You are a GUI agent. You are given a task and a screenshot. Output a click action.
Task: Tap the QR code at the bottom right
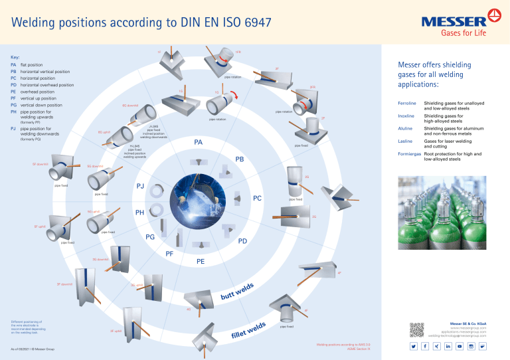[x=417, y=329]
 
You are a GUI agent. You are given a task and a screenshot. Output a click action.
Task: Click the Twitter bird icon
[x=413, y=347]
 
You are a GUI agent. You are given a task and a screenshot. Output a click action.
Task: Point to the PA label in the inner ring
[x=199, y=143]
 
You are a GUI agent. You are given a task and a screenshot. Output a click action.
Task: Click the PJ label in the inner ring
[x=141, y=186]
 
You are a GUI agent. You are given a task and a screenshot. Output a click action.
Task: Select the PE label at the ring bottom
[x=201, y=262]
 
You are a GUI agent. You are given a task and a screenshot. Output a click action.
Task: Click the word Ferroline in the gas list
[x=406, y=104]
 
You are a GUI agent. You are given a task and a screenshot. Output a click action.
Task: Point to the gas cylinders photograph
[x=441, y=210]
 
